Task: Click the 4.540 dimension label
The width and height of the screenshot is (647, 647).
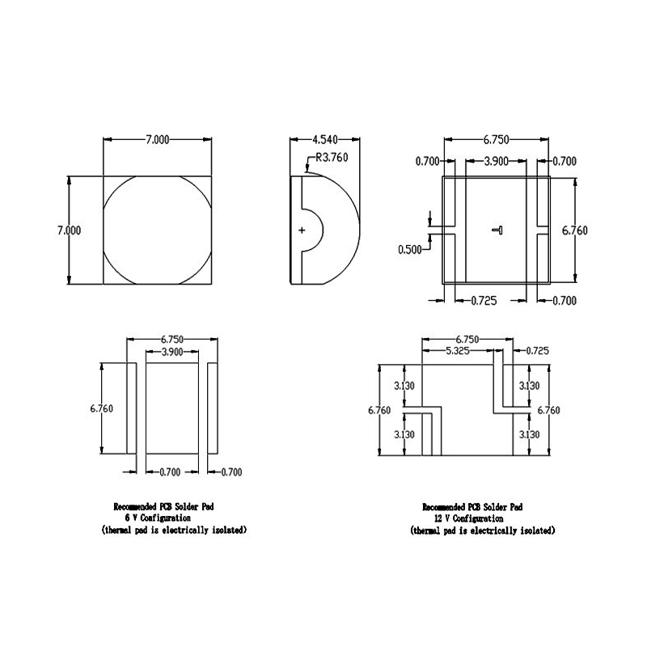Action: click(325, 139)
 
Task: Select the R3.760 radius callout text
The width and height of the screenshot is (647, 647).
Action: click(332, 157)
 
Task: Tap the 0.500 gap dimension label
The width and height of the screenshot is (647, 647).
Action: click(410, 250)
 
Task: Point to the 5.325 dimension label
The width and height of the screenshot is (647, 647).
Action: click(458, 351)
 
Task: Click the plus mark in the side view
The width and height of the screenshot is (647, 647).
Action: click(302, 230)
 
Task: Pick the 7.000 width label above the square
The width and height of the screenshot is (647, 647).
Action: click(157, 139)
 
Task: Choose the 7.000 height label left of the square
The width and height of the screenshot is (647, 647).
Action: click(69, 230)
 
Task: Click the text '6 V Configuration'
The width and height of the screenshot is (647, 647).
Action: click(158, 518)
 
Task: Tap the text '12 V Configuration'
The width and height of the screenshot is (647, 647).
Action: click(468, 518)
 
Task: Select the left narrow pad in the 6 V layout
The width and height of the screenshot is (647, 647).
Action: click(132, 408)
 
